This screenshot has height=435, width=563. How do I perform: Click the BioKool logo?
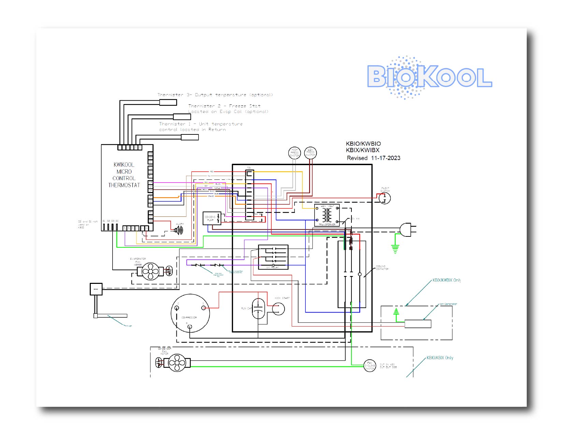click(x=429, y=77)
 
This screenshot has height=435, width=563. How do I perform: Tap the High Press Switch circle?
click(x=294, y=153)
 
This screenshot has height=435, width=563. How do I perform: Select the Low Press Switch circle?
click(x=310, y=153)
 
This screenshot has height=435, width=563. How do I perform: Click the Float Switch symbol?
click(x=385, y=198)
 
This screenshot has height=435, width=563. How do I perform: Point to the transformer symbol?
click(x=327, y=215)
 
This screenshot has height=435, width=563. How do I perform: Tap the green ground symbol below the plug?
click(x=395, y=249)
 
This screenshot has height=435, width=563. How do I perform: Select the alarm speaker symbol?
click(x=179, y=231)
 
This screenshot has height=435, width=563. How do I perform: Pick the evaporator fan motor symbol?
click(x=150, y=272)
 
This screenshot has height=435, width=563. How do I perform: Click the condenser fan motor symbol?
click(x=177, y=363)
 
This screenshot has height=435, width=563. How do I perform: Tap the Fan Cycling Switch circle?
click(x=370, y=366)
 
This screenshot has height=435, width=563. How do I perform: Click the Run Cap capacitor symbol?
click(x=258, y=309)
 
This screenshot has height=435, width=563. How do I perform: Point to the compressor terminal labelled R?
click(x=190, y=327)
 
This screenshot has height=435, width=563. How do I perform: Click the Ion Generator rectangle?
click(x=418, y=324)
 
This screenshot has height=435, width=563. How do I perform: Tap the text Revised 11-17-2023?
click(x=373, y=158)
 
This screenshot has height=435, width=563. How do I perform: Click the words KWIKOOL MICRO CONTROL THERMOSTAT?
click(x=124, y=175)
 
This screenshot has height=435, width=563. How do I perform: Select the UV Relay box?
click(x=273, y=257)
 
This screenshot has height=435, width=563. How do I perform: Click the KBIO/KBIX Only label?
click(x=440, y=358)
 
